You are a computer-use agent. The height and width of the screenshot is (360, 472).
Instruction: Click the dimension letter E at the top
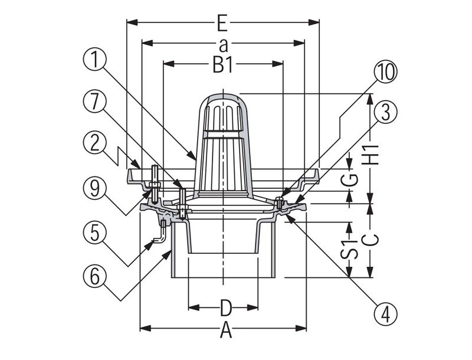(x=222, y=24)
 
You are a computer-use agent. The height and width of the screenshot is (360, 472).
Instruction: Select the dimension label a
(x=222, y=44)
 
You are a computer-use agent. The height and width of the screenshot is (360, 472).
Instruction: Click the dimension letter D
(x=224, y=307)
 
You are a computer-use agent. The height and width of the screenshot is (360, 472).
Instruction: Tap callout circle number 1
(x=94, y=60)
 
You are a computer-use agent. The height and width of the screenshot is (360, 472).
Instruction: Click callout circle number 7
(x=94, y=101)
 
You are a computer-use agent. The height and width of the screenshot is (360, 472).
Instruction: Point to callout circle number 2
(x=94, y=142)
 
